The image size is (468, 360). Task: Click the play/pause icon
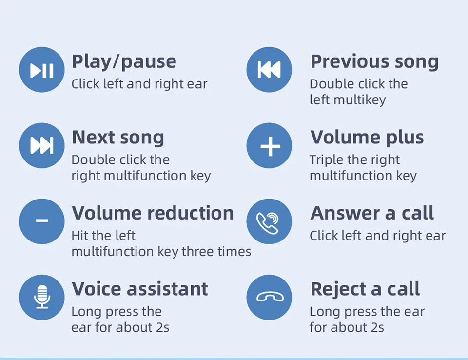(42, 70)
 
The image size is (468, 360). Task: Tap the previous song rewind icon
(269, 70)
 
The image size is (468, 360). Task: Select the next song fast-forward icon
(42, 145)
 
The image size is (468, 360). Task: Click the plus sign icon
(269, 145)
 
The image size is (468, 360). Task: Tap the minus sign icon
(42, 221)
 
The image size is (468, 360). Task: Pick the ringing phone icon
(269, 221)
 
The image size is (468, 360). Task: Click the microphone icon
(42, 297)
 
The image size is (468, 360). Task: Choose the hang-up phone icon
(269, 297)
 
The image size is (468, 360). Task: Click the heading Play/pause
(124, 62)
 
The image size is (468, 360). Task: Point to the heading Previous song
(374, 62)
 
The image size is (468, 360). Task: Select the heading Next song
(118, 138)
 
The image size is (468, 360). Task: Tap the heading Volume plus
(367, 138)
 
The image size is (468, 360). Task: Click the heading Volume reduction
(153, 213)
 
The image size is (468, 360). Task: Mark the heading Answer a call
(372, 213)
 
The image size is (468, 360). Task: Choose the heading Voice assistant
(140, 289)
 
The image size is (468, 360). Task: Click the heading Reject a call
(365, 289)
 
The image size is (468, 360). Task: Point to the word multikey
(360, 100)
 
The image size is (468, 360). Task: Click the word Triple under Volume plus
(325, 160)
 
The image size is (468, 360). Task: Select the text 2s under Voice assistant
(163, 327)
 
